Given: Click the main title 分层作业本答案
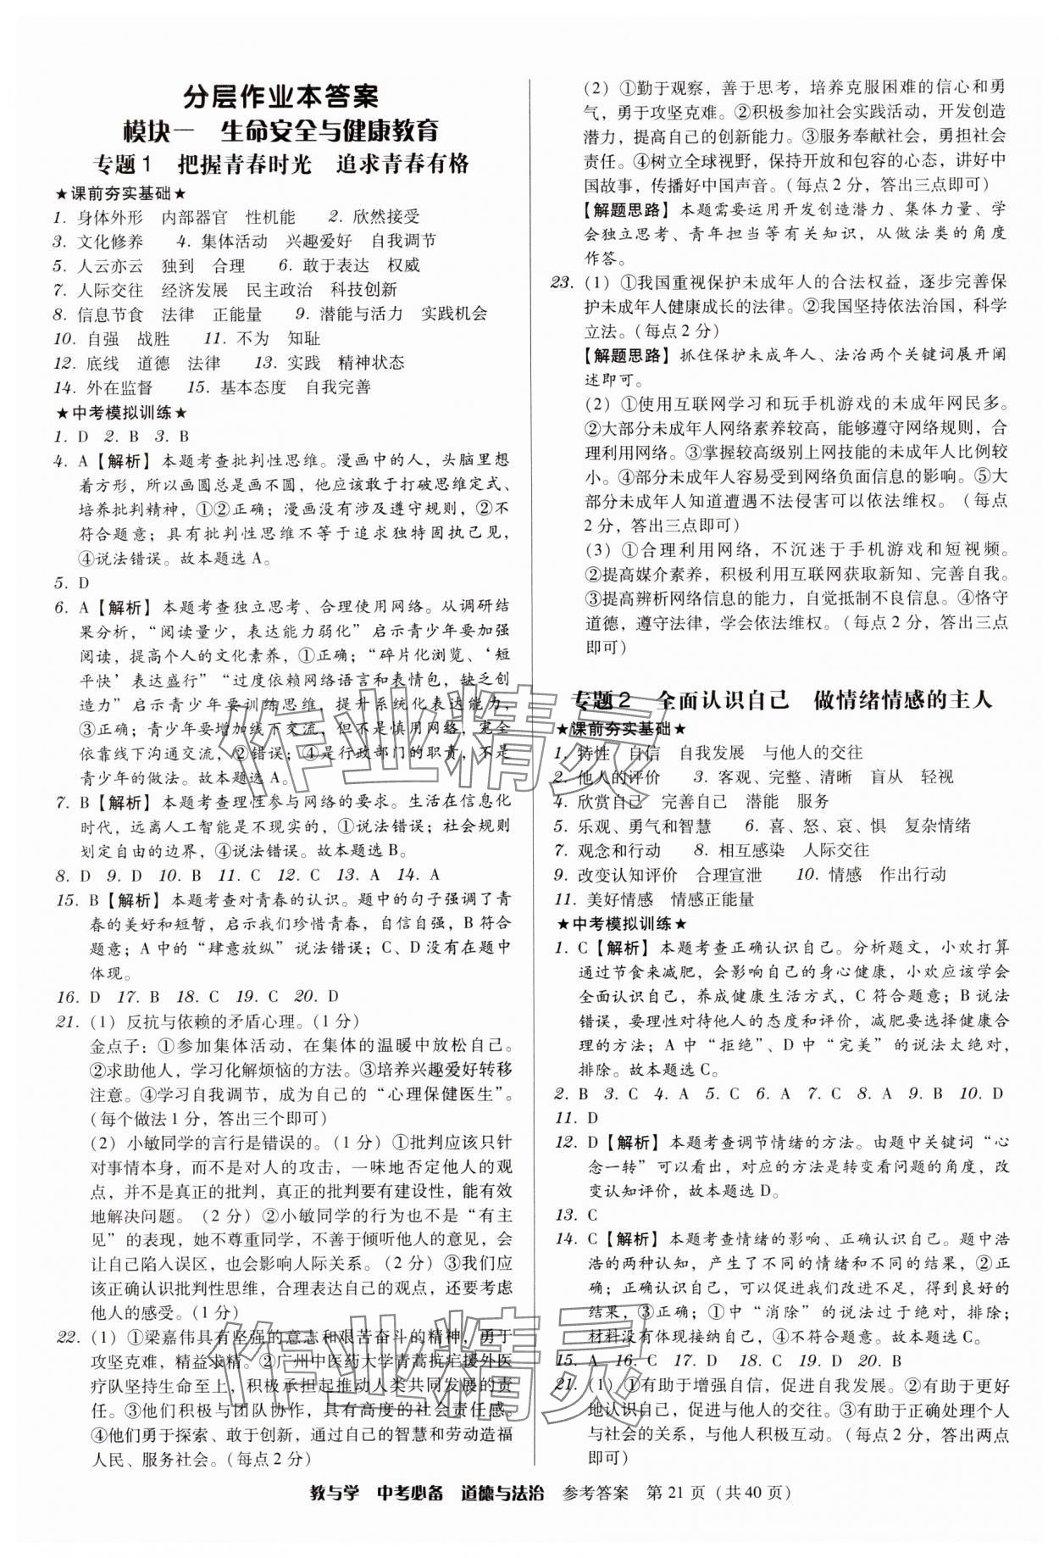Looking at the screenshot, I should pyautogui.click(x=281, y=97).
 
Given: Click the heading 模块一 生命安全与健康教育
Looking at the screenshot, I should pyautogui.click(x=281, y=131).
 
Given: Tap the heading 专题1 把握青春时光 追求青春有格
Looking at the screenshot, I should pyautogui.click(x=281, y=164).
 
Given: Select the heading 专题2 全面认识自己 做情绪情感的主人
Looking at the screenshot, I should pyautogui.click(x=782, y=700).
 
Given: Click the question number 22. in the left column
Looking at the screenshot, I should pyautogui.click(x=68, y=1338).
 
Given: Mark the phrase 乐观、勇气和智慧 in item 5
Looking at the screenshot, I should pyautogui.click(x=645, y=826).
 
